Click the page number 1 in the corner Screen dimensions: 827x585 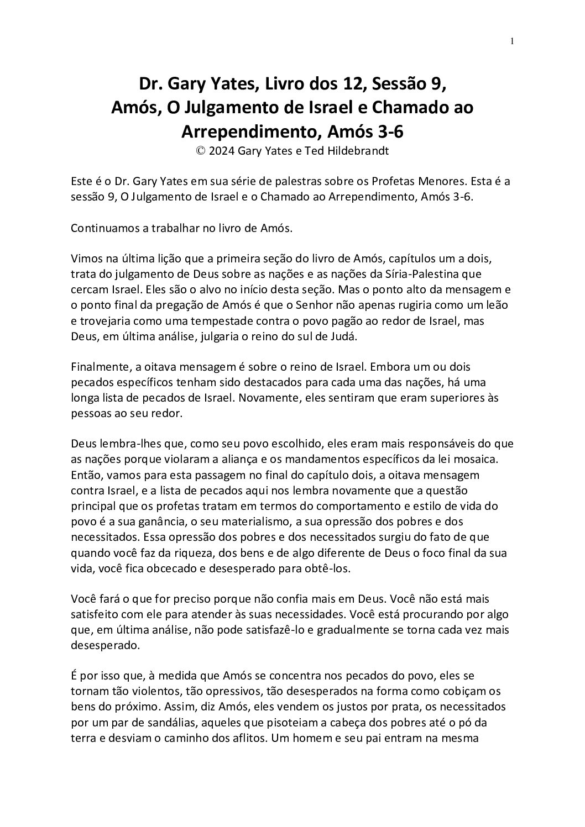513,41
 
